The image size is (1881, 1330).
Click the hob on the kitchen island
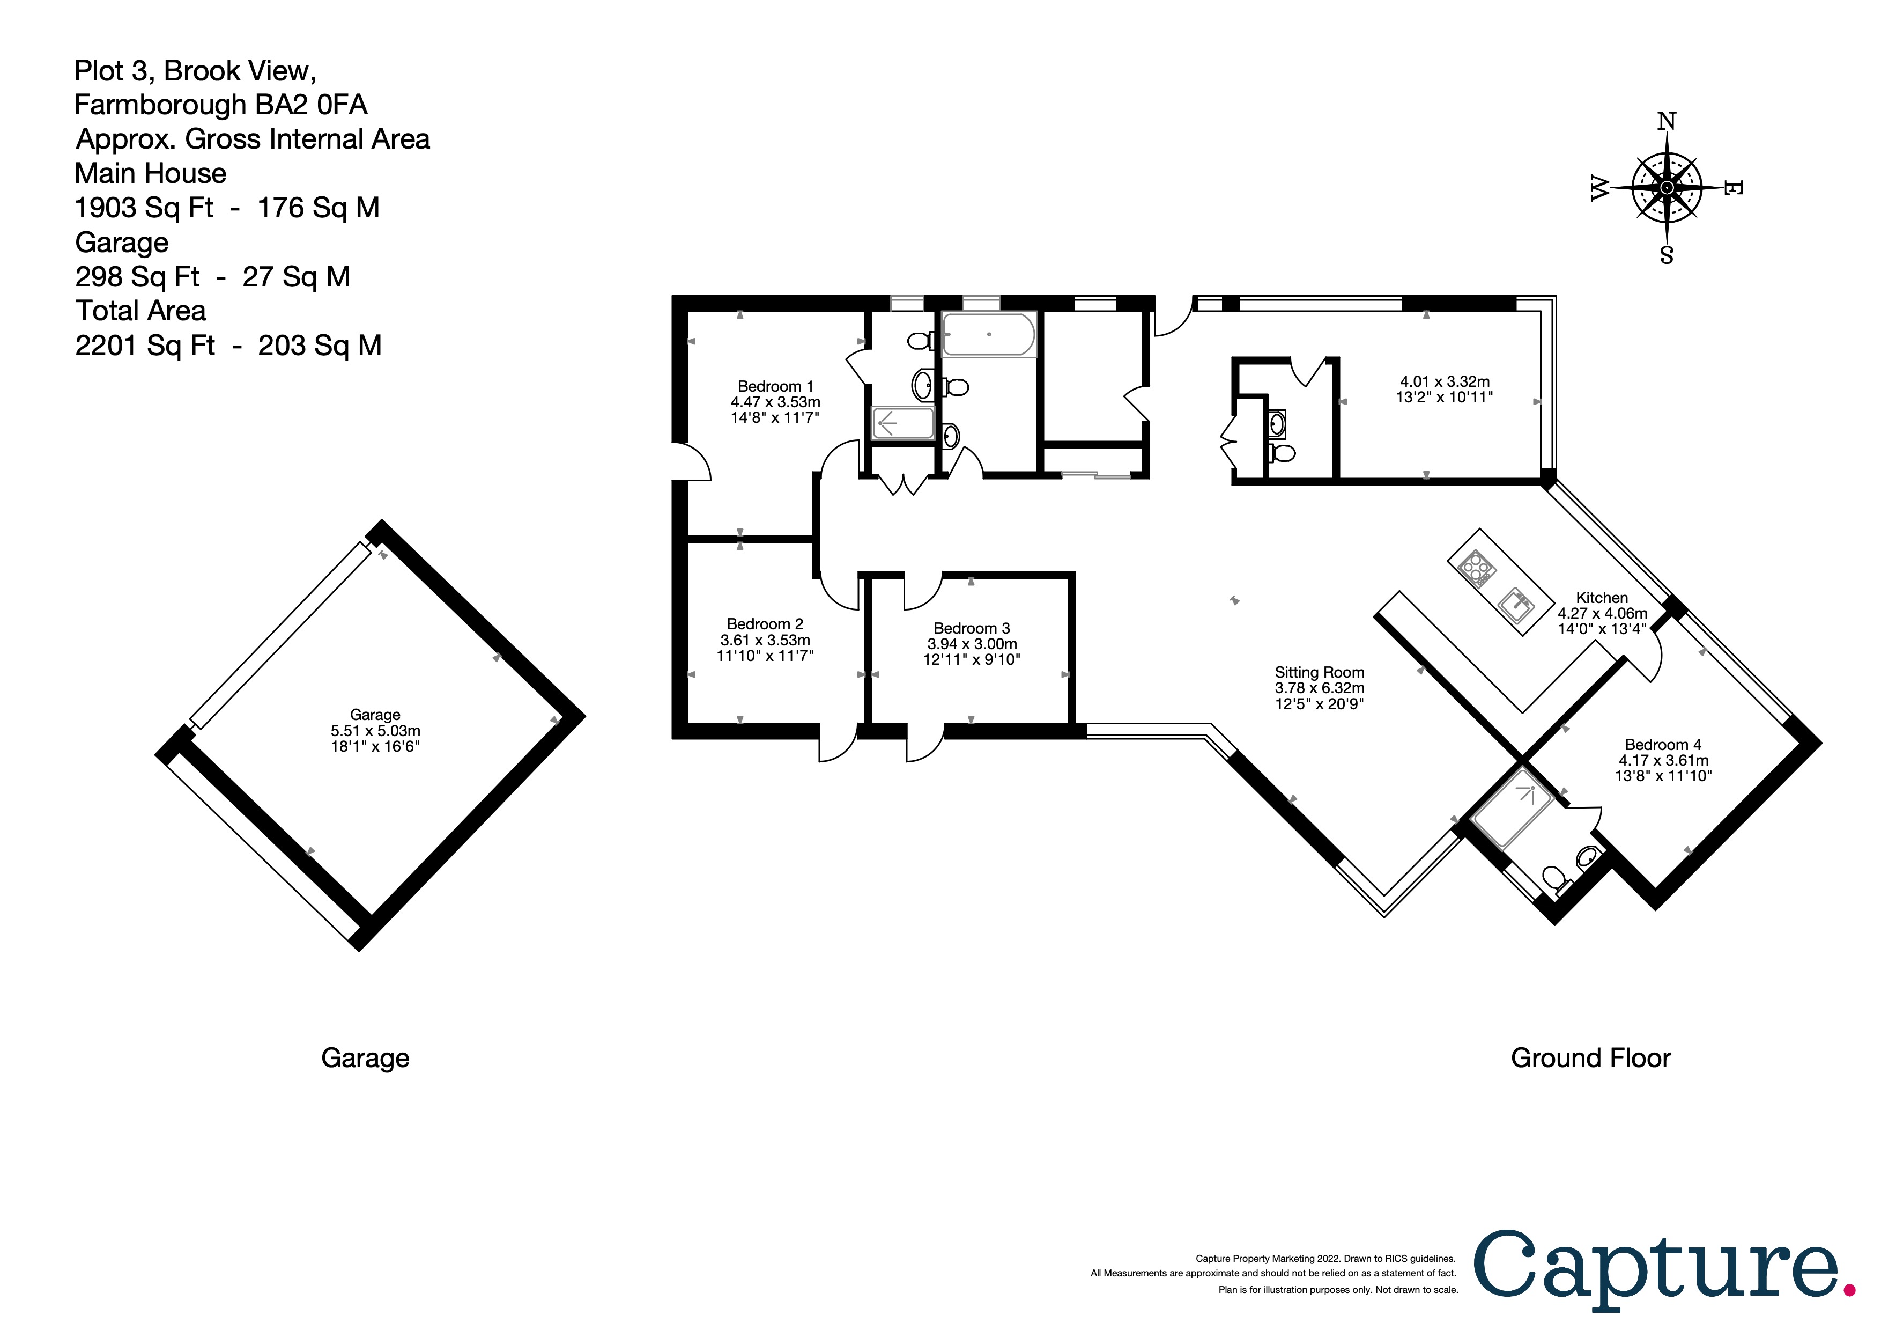[1477, 568]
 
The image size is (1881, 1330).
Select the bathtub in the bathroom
[989, 334]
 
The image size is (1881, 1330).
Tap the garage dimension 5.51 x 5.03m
[375, 731]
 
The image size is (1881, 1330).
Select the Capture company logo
[1655, 1269]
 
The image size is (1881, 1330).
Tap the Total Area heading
[140, 311]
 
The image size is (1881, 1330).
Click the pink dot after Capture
[1849, 1291]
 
